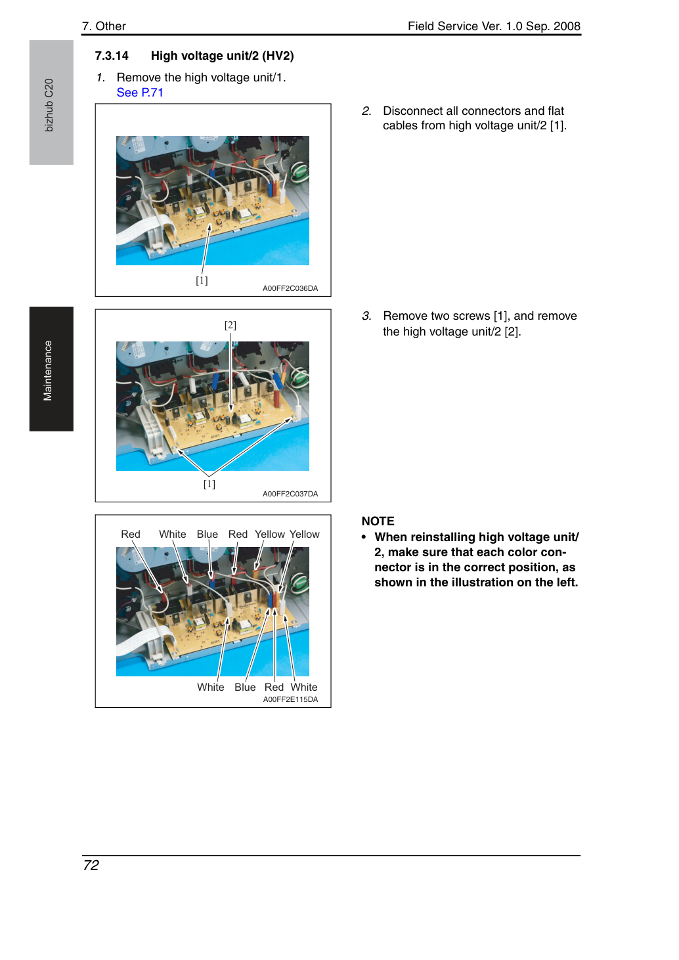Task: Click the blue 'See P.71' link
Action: pos(140,93)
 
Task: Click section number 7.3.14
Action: pos(112,56)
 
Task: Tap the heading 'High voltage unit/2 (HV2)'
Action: pos(222,56)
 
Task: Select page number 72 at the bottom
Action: pos(91,865)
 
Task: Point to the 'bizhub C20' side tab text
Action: pos(49,105)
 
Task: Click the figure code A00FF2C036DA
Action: pos(290,288)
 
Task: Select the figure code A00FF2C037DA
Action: pos(290,494)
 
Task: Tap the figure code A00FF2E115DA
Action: pos(290,699)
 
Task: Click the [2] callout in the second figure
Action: pos(230,325)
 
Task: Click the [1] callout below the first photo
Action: pos(202,280)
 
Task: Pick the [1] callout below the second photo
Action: pos(209,484)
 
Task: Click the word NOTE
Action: pos(378,521)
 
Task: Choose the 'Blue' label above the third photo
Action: pos(207,534)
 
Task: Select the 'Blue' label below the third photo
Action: pos(245,687)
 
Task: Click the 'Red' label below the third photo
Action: pos(274,687)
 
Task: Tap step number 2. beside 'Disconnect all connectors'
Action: pos(366,111)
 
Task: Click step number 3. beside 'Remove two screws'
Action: pos(366,316)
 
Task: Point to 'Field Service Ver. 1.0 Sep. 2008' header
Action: pos(494,26)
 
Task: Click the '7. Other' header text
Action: pos(104,26)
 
